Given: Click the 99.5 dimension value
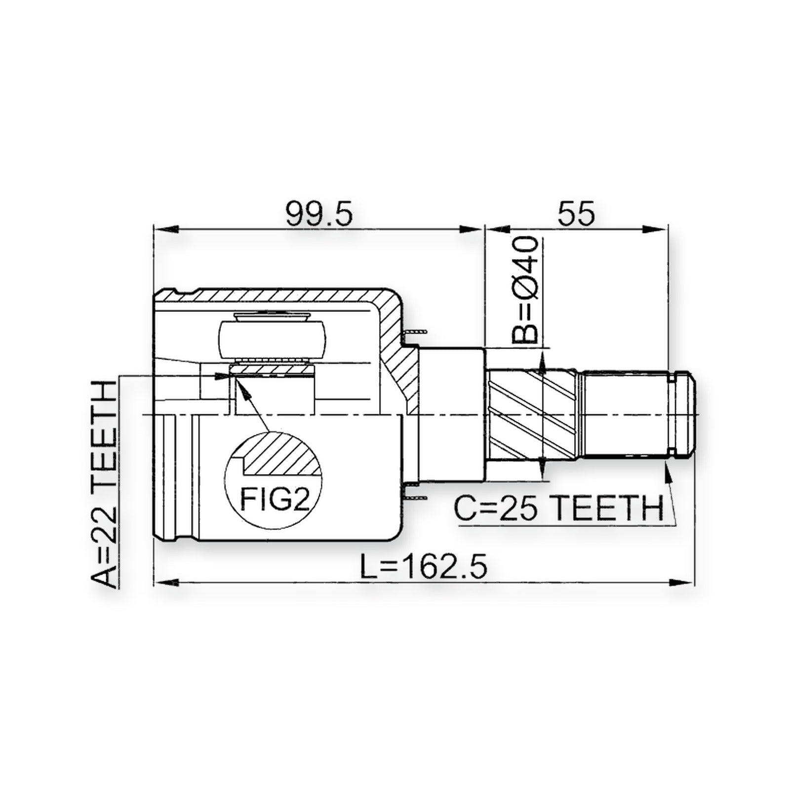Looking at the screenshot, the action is (x=319, y=213).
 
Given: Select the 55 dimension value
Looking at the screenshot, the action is (x=576, y=213).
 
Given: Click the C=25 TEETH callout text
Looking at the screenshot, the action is (x=558, y=508).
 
